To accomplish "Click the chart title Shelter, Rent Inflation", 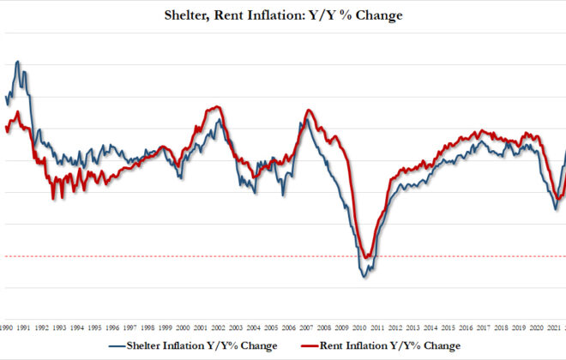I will pos(282,15).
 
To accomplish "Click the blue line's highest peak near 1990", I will pos(18,62).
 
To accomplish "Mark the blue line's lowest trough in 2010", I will pos(364,276).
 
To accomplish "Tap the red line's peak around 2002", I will pos(218,106).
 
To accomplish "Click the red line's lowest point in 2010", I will pos(367,257).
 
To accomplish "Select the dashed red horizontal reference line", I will pos(172,256).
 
